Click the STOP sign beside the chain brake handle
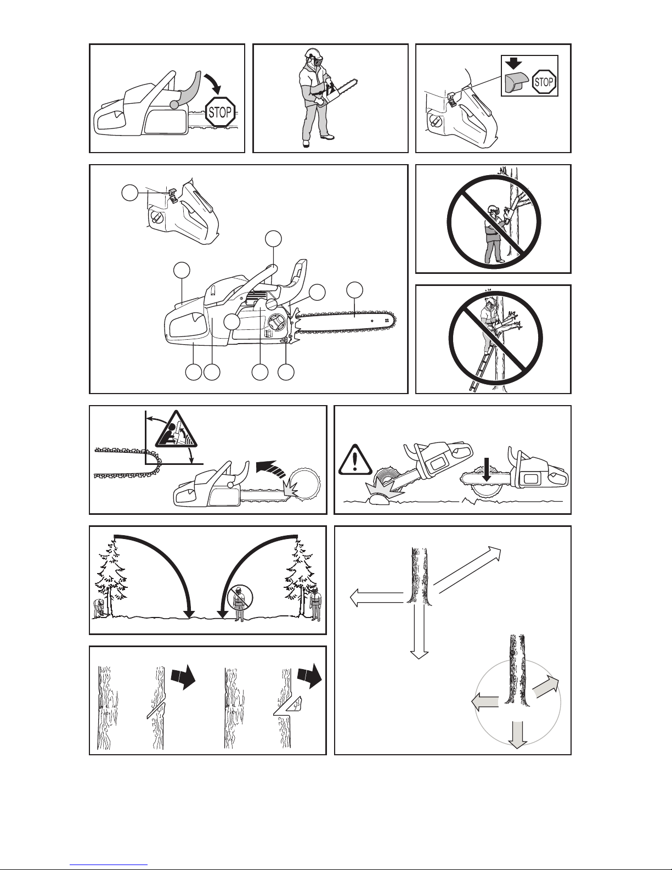[x=220, y=112]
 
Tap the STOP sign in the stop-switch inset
[x=544, y=82]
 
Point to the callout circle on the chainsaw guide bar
[x=355, y=290]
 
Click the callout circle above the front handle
[x=274, y=239]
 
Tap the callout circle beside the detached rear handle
[x=130, y=193]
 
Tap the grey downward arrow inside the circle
[x=518, y=734]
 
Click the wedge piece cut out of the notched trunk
[x=295, y=704]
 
